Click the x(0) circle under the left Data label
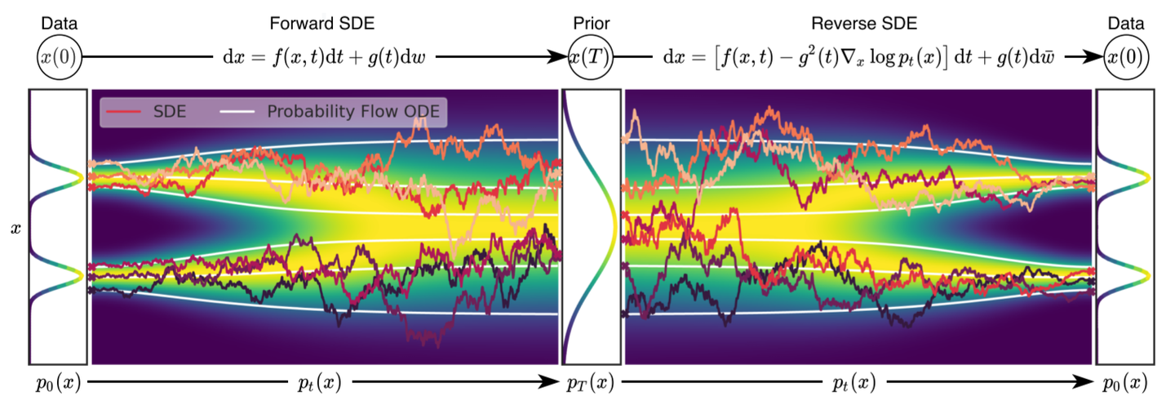pos(58,58)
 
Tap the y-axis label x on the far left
pos(15,230)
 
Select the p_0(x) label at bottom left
pos(58,382)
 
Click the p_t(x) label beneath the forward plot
pos(320,382)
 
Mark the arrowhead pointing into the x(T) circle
pos(561,58)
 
